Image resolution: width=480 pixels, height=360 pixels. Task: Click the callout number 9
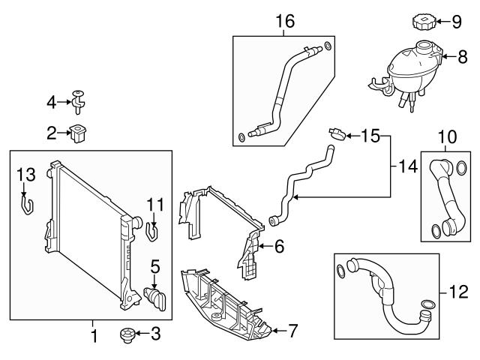pos(455,22)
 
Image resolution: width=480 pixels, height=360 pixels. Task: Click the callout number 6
pos(279,246)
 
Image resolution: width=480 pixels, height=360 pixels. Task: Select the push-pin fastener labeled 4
pos(78,97)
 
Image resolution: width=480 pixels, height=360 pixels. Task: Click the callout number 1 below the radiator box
pos(94,336)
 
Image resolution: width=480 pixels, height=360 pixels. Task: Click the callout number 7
pos(292,330)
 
